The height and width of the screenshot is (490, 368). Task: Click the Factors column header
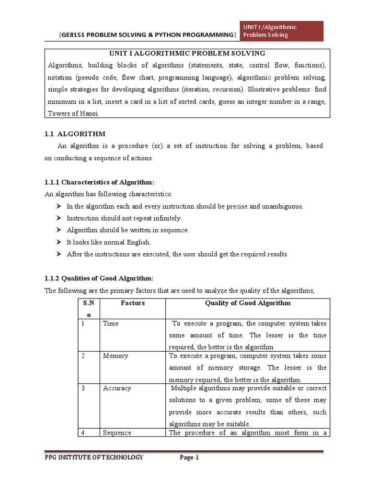pyautogui.click(x=132, y=303)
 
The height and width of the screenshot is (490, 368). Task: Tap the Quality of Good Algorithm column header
pyautogui.click(x=247, y=303)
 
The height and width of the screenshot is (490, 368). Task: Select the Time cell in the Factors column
pyautogui.click(x=111, y=323)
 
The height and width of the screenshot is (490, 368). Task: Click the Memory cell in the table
pyautogui.click(x=115, y=356)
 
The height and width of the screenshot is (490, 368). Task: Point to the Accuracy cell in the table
pyautogui.click(x=117, y=388)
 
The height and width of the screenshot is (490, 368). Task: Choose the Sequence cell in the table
pyautogui.click(x=117, y=433)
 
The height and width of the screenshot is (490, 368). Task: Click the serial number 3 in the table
pyautogui.click(x=82, y=388)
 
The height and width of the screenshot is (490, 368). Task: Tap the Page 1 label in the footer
pyautogui.click(x=189, y=458)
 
